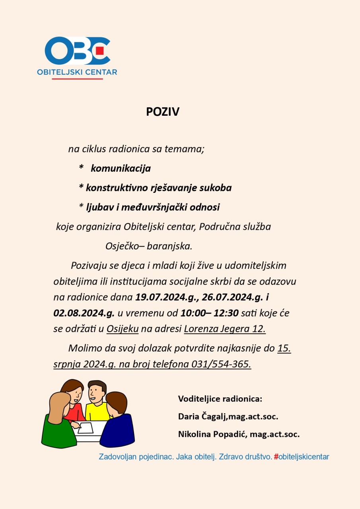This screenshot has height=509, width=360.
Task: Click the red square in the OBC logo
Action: click(100, 51)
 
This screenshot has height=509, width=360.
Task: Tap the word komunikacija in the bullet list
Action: click(121, 169)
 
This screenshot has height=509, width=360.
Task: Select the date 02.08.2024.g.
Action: click(84, 313)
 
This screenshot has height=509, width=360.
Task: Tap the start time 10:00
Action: click(193, 313)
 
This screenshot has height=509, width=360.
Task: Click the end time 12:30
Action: click(226, 313)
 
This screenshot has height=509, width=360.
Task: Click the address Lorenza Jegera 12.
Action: click(225, 329)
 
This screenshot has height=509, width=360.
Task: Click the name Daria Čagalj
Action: click(202, 417)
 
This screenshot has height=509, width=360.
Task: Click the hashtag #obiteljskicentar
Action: click(302, 457)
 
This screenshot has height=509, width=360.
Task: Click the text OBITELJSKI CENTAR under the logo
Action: click(77, 72)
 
